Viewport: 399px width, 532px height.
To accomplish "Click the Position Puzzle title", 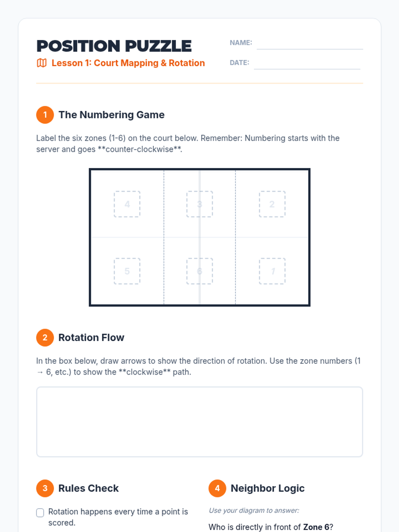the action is (114, 46).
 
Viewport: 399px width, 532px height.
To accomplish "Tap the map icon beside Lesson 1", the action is (42, 63).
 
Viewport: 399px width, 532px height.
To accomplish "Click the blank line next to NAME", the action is (310, 49).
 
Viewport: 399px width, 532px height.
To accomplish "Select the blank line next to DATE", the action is (307, 69).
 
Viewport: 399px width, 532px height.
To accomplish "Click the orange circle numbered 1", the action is (45, 115).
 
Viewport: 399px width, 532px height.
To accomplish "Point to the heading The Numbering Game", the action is (111, 115).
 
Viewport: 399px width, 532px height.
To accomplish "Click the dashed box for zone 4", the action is (127, 204).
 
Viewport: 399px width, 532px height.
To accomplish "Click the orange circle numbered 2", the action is (45, 337).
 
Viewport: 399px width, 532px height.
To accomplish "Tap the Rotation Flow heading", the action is (91, 337).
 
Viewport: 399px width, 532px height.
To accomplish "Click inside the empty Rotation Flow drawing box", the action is (199, 422).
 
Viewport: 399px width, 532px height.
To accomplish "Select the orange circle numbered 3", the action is (45, 488).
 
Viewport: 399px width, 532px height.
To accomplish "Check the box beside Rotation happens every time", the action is (40, 513).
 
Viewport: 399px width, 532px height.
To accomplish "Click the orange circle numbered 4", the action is (217, 488).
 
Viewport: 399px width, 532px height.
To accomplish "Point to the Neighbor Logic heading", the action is (267, 488).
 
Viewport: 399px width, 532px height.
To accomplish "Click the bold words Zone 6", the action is (316, 527).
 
